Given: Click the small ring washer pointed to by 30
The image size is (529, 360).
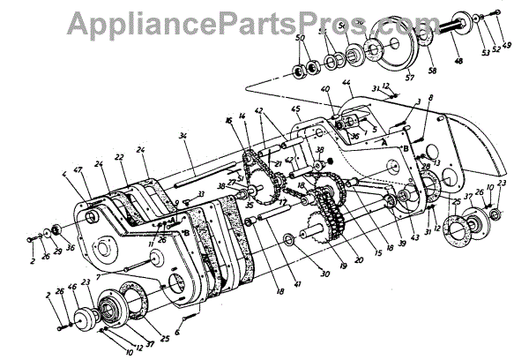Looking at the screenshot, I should [x=290, y=240].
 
